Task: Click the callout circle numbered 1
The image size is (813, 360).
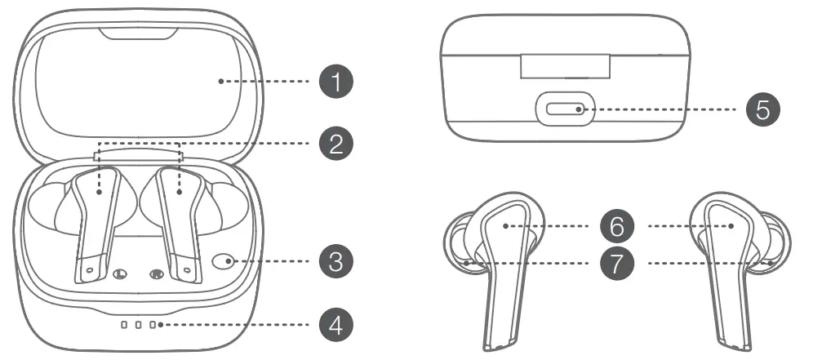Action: pos(335,82)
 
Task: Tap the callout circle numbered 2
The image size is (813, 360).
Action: pos(335,143)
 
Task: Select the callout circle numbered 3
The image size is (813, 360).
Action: pos(335,262)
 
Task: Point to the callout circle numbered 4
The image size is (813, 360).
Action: pos(335,325)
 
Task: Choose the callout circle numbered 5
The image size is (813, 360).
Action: pos(762,109)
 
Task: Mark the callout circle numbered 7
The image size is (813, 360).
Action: pos(618,263)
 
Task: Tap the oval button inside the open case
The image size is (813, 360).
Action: pos(222,262)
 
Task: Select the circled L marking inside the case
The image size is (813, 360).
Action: pos(121,274)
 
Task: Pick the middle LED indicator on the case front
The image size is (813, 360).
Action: pos(138,325)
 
